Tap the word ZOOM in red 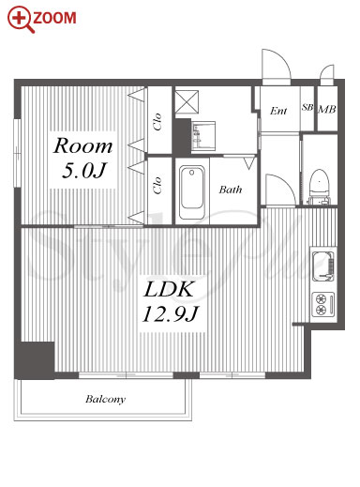coord(54,18)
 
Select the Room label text coord(82,146)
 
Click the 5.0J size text coord(83,171)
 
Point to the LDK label coord(169,289)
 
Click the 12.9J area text coord(170,313)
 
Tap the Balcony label coord(105,399)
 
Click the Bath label coord(231,190)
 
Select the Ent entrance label coord(278,111)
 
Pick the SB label coord(307,107)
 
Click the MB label coord(327,109)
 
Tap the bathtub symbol coord(192,192)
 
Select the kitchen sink coord(323,266)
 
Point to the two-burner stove coord(323,304)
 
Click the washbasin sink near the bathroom coord(203,136)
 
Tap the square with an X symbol coord(187,102)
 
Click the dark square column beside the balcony coord(36,360)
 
